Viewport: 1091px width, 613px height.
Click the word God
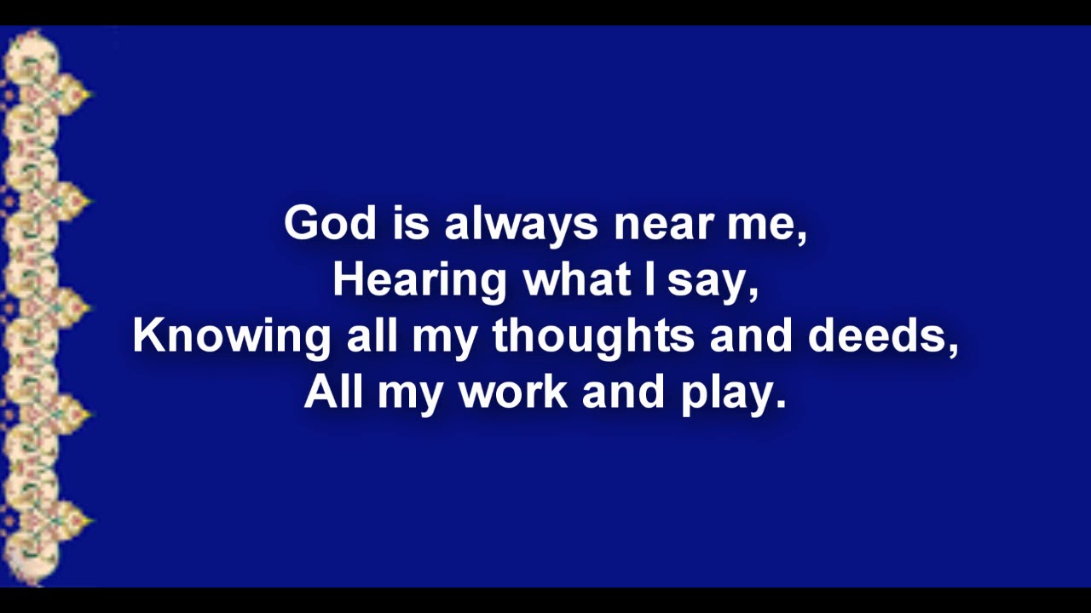click(x=329, y=223)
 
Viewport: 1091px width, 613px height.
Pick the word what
click(x=576, y=279)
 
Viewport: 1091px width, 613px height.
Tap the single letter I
click(x=650, y=279)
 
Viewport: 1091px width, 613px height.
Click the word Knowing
click(x=231, y=337)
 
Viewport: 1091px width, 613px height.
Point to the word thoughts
click(x=593, y=337)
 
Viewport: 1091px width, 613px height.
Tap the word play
click(x=727, y=393)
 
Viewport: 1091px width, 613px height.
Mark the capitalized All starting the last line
click(x=334, y=392)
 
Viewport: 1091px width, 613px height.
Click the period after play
click(x=780, y=404)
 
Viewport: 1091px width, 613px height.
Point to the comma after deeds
click(x=953, y=349)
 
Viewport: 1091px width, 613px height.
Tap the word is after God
click(x=409, y=223)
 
